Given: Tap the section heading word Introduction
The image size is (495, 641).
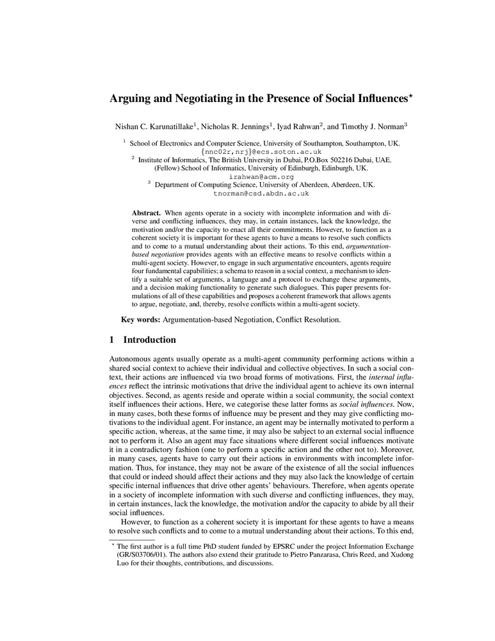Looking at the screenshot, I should click(149, 340).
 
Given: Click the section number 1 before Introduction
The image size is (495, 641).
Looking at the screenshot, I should click(112, 340).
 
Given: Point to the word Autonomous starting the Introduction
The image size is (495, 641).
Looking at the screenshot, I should click(132, 358).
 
